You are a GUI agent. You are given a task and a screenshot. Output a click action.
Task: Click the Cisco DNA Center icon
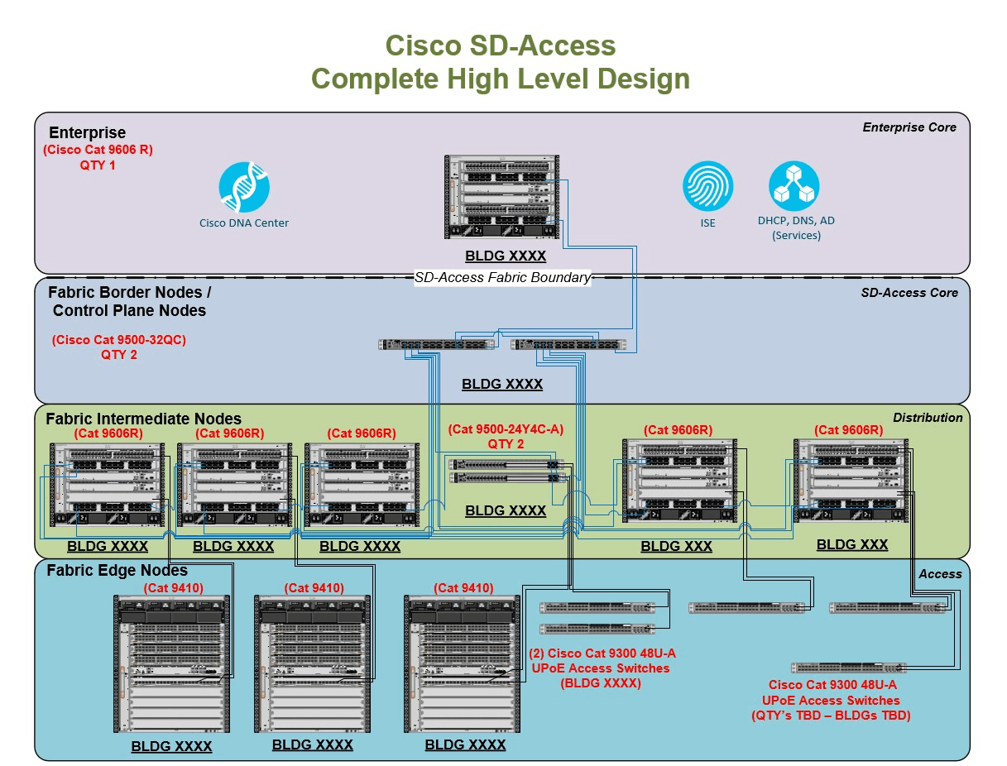(x=244, y=187)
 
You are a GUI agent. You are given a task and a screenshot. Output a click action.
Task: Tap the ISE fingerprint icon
(x=707, y=186)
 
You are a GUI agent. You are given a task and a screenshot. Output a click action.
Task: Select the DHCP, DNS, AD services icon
(x=794, y=186)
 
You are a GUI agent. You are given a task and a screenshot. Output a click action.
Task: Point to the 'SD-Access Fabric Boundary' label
(x=503, y=278)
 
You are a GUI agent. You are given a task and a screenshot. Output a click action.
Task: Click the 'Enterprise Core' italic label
(x=909, y=127)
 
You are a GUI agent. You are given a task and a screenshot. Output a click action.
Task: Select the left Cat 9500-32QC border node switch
(x=436, y=344)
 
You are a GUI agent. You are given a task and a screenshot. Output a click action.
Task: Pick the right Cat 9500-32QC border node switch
(x=568, y=344)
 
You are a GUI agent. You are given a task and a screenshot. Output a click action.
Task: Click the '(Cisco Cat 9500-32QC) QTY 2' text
(x=118, y=347)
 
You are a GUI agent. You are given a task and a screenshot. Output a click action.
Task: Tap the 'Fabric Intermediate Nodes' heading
(x=143, y=419)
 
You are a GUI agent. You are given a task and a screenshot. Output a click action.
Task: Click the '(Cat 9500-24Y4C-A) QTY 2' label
(x=505, y=437)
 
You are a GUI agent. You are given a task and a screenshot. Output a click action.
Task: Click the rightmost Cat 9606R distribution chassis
(x=851, y=481)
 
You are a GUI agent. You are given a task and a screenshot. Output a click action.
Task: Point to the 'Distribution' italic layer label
(x=927, y=418)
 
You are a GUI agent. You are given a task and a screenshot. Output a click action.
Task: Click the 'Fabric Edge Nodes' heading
(x=117, y=571)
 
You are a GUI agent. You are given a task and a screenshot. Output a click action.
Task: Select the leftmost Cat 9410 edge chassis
(x=171, y=664)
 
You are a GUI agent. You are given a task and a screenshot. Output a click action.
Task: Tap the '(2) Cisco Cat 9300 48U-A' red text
(x=602, y=653)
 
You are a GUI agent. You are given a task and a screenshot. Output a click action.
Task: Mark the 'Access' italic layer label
(x=940, y=574)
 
